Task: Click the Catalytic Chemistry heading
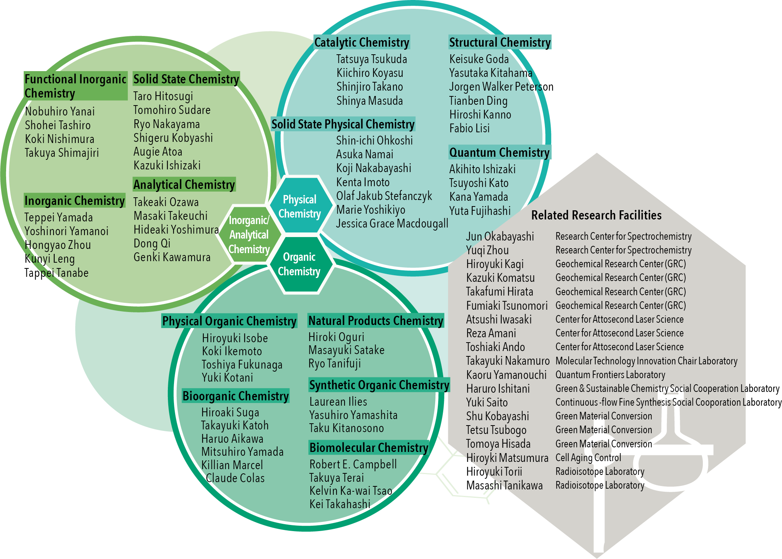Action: coord(361,42)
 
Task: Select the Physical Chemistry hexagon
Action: coord(299,206)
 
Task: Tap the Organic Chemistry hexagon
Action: coord(299,264)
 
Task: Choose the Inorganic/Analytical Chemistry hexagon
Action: coord(249,235)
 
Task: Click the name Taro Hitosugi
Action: coord(163,96)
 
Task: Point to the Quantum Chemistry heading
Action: coord(499,153)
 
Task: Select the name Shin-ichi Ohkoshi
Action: coord(374,141)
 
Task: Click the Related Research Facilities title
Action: coord(596,215)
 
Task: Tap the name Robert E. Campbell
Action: coord(353,465)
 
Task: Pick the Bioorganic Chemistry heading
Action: coord(236,396)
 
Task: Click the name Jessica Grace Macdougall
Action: coord(392,224)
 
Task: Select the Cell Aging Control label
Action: coord(588,458)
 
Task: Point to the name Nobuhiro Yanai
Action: coord(60,112)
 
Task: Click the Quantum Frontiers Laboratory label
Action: coord(610,375)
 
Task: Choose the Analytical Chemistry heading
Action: coord(184,185)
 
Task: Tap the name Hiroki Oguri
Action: coord(336,337)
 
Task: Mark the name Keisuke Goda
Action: coord(479,59)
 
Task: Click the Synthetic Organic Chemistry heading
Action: coord(379,385)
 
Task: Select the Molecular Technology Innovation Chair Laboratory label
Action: coord(646,361)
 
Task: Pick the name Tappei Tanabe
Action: coord(57,273)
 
